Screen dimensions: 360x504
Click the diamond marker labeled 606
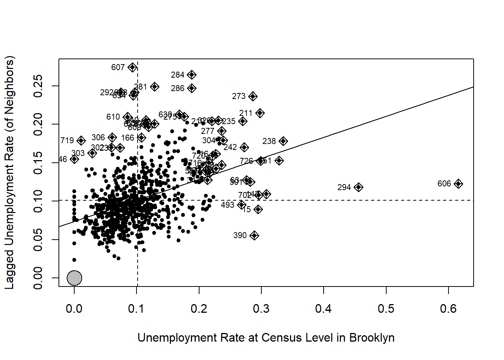(458, 184)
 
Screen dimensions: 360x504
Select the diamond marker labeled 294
(358, 187)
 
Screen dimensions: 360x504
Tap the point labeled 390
(254, 235)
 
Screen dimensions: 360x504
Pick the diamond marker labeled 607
(132, 67)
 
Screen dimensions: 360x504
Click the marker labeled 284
(192, 75)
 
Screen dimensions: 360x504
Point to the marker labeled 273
(253, 96)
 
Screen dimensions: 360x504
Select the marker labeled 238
(283, 141)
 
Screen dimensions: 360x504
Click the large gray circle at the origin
(74, 278)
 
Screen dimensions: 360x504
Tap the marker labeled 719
(81, 141)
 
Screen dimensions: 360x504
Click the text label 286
(177, 88)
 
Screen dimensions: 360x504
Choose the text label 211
(246, 113)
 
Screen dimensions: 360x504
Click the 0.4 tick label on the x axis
(323, 309)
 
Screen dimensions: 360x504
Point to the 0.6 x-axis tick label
(448, 309)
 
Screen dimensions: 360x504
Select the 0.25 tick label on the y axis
(38, 86)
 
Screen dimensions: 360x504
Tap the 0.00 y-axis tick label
(38, 278)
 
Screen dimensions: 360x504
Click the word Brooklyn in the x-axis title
(372, 337)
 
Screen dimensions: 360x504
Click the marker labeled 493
(241, 205)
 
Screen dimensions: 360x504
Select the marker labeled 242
(244, 147)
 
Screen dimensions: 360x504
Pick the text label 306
(98, 138)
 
